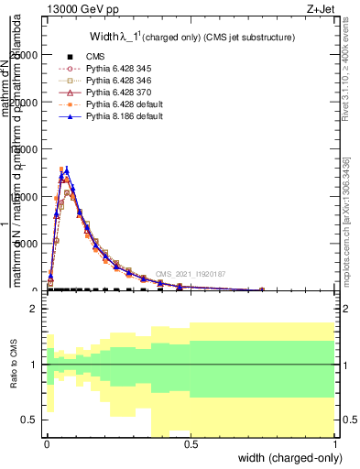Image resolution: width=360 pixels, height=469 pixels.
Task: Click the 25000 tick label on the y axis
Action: [x=24, y=55]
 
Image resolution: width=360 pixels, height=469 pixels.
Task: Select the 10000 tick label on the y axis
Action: [x=24, y=196]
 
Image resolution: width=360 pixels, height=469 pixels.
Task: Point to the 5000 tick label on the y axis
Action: [x=27, y=244]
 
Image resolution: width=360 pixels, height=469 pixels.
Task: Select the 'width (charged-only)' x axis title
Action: [x=290, y=458]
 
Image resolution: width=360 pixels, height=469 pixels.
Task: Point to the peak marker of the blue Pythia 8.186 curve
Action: [x=66, y=169]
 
